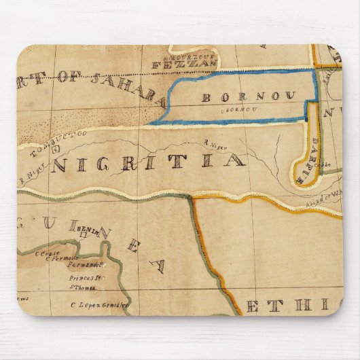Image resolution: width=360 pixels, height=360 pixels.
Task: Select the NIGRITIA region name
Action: tap(147, 162)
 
